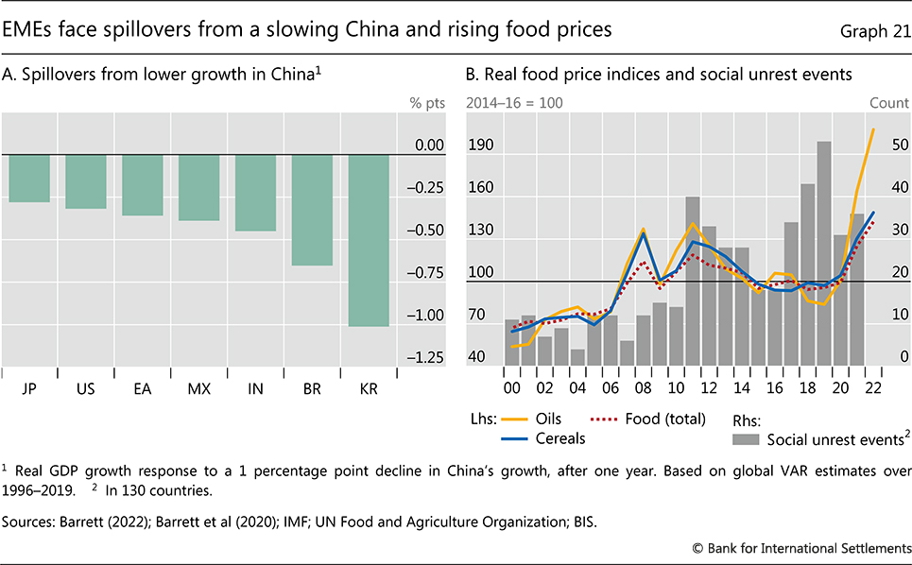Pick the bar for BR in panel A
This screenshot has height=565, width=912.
click(312, 210)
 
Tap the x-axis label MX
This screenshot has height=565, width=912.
click(198, 389)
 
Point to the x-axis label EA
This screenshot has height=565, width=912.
click(142, 389)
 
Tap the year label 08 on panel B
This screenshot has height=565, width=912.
click(643, 389)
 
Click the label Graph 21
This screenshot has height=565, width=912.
click(870, 30)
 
